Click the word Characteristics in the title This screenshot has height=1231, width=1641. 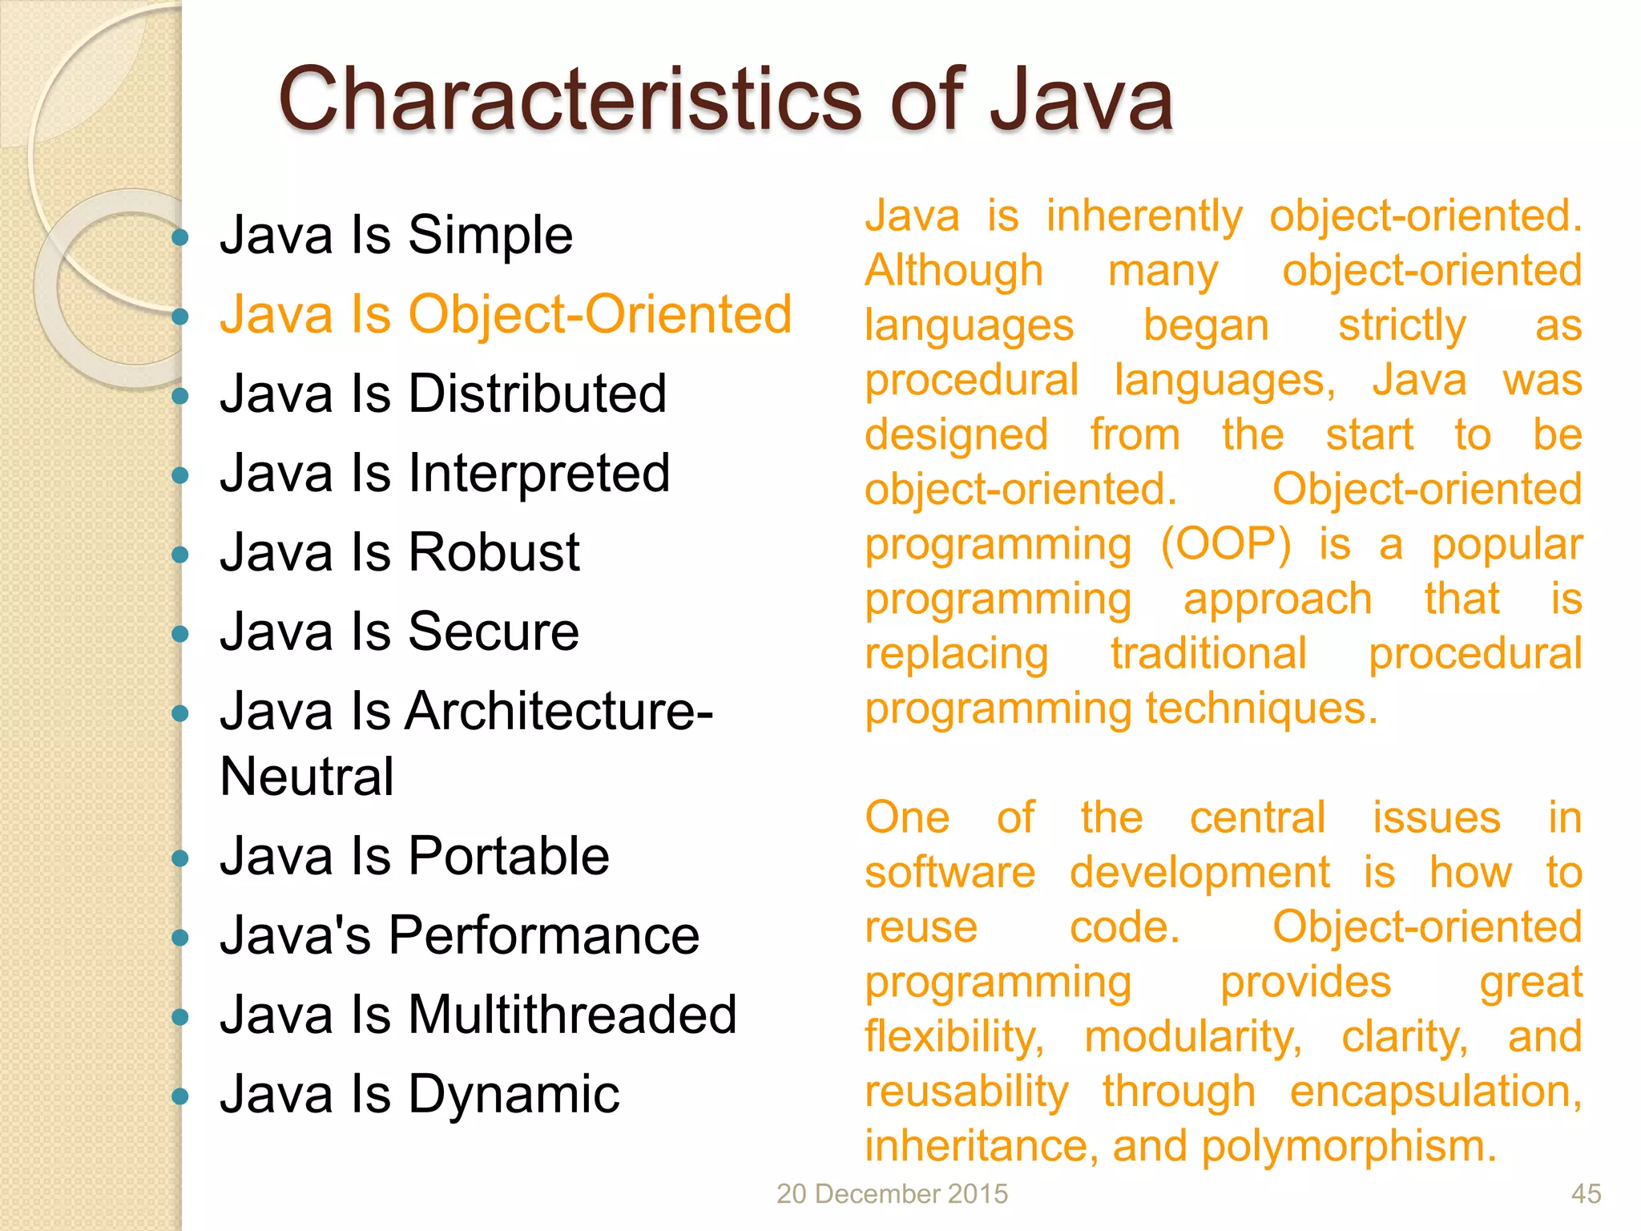(x=569, y=99)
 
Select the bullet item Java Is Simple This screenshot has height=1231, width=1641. (x=396, y=236)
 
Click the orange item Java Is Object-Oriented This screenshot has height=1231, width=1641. (x=505, y=314)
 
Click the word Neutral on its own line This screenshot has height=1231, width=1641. (x=306, y=777)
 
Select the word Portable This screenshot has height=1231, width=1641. (x=508, y=856)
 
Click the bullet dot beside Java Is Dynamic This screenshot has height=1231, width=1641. (x=180, y=1096)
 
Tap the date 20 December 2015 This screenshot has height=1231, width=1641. (x=892, y=1193)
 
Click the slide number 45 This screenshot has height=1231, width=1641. (x=1586, y=1193)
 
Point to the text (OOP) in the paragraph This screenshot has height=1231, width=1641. (x=1226, y=545)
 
